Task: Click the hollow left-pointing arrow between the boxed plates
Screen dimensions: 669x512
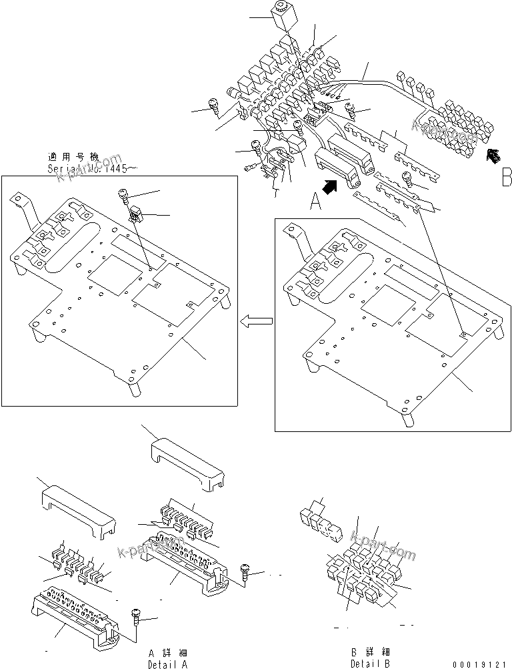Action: pos(257,322)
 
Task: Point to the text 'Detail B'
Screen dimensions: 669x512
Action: pos(370,664)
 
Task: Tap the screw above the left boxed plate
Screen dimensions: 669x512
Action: pos(125,196)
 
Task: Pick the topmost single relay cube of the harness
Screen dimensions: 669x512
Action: pos(280,15)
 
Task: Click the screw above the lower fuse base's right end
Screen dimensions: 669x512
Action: pos(137,616)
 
